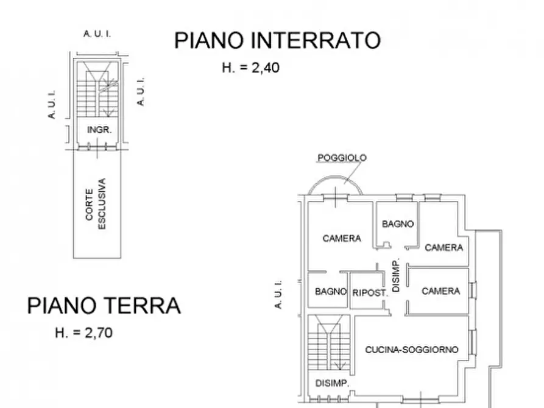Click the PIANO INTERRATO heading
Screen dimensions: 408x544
pyautogui.click(x=277, y=40)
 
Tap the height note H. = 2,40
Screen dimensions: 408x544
pyautogui.click(x=250, y=68)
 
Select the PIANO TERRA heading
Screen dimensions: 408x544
pyautogui.click(x=104, y=305)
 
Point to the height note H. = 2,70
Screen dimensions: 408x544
pyautogui.click(x=83, y=332)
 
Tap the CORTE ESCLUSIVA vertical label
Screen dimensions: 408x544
pyautogui.click(x=96, y=203)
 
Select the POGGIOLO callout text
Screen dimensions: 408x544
pyautogui.click(x=342, y=158)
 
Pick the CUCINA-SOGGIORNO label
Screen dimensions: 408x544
pyautogui.click(x=412, y=350)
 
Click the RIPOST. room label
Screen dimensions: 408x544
pyautogui.click(x=370, y=292)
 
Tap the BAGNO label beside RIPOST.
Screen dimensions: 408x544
pyautogui.click(x=331, y=292)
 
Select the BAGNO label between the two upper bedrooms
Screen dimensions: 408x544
pyautogui.click(x=398, y=223)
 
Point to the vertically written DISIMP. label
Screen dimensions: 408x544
pyautogui.click(x=396, y=276)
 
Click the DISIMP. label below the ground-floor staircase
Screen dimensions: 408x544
pyautogui.click(x=331, y=383)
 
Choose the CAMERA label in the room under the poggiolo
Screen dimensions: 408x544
pyautogui.click(x=342, y=238)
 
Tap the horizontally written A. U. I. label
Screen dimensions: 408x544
pyautogui.click(x=97, y=33)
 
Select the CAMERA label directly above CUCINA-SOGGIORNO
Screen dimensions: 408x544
pyautogui.click(x=440, y=291)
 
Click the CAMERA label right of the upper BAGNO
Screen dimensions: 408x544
pyautogui.click(x=443, y=247)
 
